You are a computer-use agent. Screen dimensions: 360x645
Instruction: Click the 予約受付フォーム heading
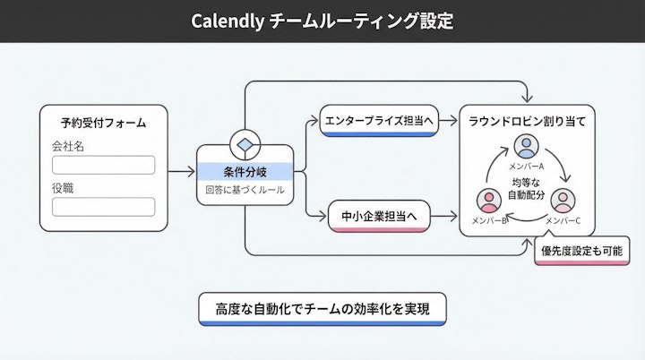[103, 123]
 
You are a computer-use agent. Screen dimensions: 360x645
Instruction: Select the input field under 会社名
[103, 165]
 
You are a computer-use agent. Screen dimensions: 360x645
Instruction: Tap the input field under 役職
[103, 207]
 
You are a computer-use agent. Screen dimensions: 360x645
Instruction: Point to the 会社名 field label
[68, 146]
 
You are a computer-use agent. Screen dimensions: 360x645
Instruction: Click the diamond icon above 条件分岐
[245, 142]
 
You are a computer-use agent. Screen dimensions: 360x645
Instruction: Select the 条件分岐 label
[245, 171]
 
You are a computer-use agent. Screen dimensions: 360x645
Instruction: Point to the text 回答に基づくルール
[245, 191]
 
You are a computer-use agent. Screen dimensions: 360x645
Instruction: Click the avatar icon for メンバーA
[526, 145]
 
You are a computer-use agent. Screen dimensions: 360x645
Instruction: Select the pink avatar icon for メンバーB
[488, 200]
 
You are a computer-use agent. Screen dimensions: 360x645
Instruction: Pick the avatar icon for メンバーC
[563, 200]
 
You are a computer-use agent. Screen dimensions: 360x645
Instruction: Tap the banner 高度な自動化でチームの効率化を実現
[322, 309]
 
